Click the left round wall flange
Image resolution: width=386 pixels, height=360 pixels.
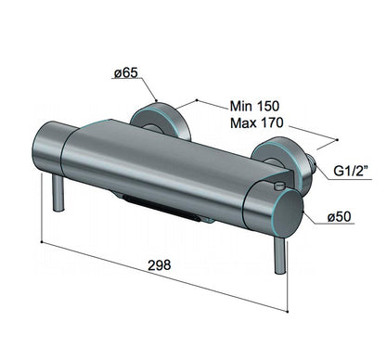(148, 120)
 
